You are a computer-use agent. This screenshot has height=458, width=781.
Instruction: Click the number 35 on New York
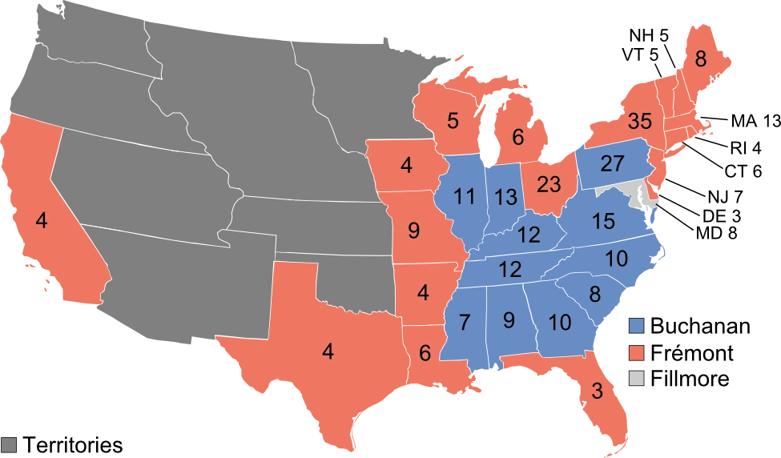point(640,122)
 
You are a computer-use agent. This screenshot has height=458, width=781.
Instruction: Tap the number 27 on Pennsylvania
point(611,164)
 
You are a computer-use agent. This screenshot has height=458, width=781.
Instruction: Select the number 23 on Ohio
point(549,185)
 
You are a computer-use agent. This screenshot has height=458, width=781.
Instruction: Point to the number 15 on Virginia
point(605,221)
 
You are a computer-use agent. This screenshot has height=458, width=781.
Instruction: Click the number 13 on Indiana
point(505,196)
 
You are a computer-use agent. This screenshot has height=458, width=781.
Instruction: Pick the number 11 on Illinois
point(464,196)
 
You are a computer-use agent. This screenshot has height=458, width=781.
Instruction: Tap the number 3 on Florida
point(597,392)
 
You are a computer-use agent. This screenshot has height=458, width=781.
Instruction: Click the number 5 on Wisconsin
point(453,122)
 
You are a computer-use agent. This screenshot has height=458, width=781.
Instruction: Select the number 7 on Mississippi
point(464,323)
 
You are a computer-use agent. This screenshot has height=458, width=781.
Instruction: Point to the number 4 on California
point(42,219)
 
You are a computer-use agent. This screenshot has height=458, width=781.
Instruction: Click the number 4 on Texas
point(328,351)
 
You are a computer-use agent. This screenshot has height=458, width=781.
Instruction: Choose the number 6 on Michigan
point(517,138)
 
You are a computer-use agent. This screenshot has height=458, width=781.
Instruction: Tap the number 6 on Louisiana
point(425,352)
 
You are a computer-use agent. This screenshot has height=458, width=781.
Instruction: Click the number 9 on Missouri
point(413,231)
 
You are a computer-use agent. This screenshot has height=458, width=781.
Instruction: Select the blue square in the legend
point(637,326)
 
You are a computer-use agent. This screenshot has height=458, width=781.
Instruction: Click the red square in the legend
point(637,352)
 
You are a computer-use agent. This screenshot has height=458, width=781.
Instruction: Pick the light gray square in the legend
point(637,379)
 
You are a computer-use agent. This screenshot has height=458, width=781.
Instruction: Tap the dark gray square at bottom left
point(10,445)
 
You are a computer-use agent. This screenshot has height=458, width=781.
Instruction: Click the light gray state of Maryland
point(638,192)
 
